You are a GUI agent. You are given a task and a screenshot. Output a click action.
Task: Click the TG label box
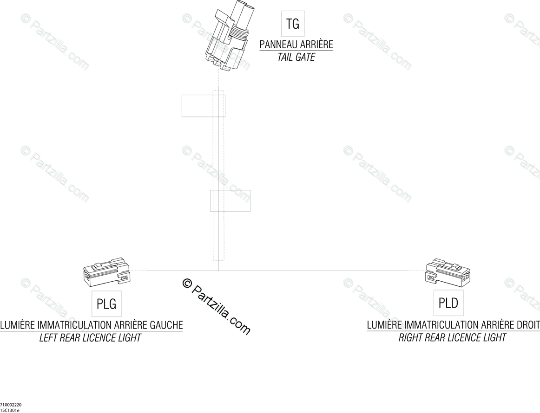coord(293,23)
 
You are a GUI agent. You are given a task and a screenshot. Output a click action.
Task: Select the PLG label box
coord(106,304)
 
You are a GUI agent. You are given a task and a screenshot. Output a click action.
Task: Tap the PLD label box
coord(448,303)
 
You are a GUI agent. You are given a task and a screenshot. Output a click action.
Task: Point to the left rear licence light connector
coord(106,273)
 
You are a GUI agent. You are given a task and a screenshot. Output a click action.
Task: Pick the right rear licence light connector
coord(449,272)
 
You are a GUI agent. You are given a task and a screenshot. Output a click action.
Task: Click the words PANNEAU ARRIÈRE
coord(296,45)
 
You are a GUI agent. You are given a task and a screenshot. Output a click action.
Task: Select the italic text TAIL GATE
coord(296,58)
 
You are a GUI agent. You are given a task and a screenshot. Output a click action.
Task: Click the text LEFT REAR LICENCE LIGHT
coord(90,338)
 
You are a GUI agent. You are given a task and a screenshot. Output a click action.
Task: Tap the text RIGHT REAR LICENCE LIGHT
coord(452,337)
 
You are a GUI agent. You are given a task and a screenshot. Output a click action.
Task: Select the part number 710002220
coord(11,405)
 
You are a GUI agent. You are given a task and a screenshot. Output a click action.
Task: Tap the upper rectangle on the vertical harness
coord(203,106)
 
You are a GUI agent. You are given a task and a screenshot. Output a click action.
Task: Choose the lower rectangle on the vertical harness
coord(230,200)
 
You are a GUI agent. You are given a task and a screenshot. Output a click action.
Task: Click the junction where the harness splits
coord(218,271)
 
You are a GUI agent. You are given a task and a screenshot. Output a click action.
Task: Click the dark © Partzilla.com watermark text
coord(217,306)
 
